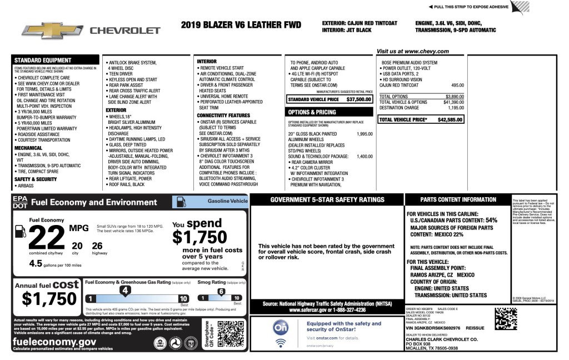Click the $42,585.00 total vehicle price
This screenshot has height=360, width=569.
447,119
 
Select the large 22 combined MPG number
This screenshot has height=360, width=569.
47,238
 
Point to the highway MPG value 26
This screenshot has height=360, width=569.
98,245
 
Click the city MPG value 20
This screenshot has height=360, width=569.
77,245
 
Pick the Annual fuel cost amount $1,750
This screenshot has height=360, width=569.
49,298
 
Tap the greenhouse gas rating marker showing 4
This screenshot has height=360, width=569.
126,290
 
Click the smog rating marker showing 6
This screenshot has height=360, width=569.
221,291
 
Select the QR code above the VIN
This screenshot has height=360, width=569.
506,318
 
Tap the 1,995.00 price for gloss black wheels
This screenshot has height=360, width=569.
365,134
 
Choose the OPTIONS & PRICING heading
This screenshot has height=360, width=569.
312,112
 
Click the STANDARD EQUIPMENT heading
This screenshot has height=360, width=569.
43,60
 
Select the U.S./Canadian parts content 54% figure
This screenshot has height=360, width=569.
491,221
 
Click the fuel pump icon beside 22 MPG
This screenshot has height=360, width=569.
19,231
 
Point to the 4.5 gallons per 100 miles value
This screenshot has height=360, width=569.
36,263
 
